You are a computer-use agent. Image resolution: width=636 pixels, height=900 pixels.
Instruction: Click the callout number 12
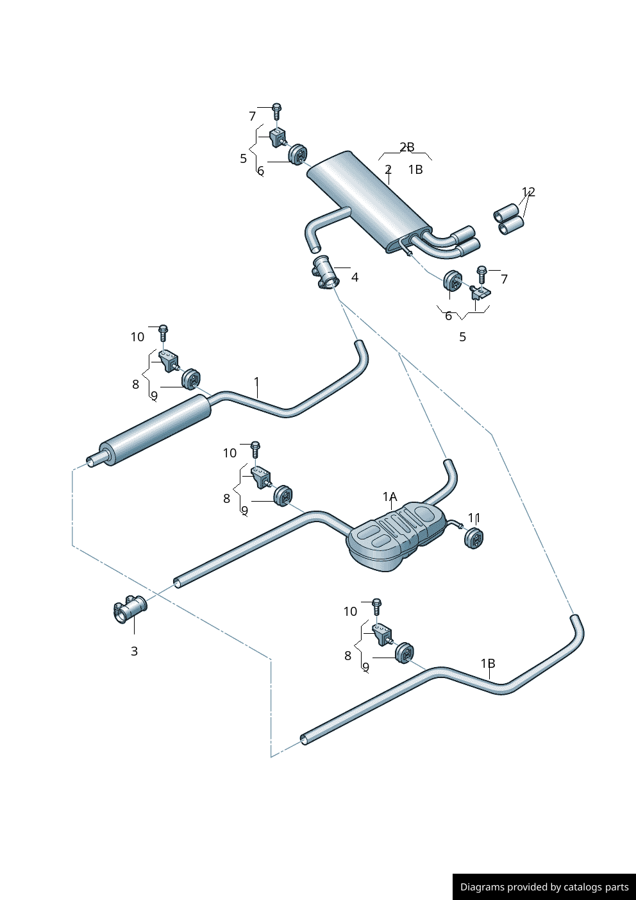pos(528,192)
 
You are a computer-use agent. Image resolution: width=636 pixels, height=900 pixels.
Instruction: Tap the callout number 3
pos(134,651)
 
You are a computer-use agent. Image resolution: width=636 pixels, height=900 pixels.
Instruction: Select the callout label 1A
pos(390,497)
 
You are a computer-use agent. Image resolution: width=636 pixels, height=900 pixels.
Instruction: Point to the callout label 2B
pos(407,147)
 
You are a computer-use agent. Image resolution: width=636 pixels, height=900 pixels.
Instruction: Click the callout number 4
pos(355,277)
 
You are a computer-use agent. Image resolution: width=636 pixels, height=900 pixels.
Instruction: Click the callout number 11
pos(474,518)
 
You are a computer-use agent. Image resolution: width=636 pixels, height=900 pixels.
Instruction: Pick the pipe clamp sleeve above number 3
pos(130,607)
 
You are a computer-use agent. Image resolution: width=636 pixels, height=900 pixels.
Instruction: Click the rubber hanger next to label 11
pos(473,538)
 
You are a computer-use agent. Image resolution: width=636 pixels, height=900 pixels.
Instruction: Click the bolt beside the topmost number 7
pos(276,111)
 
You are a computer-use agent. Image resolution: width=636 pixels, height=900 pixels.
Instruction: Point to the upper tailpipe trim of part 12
pos(506,212)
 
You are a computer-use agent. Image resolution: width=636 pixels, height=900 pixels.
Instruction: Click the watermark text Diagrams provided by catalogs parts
pos(544,887)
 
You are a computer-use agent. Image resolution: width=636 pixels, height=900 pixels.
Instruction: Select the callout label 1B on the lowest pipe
pos(488,663)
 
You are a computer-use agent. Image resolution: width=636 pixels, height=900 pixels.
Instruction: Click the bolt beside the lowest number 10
pos(376,606)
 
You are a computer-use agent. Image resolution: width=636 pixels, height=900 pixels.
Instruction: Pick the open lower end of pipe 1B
pos(305,740)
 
